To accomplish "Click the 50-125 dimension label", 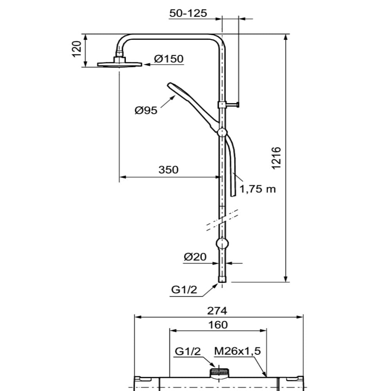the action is pyautogui.click(x=188, y=13).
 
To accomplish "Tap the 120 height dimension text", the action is pyautogui.click(x=77, y=49).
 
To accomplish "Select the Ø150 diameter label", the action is pyautogui.click(x=169, y=59).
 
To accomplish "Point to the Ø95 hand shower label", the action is pyautogui.click(x=146, y=110).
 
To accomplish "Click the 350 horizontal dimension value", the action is pyautogui.click(x=169, y=170).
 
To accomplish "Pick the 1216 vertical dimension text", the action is pyautogui.click(x=276, y=158).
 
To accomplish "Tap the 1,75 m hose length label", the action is pyautogui.click(x=258, y=189).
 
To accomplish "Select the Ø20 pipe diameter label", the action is pyautogui.click(x=195, y=256).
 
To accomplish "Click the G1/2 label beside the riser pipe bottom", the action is pyautogui.click(x=184, y=289).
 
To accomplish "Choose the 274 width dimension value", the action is pyautogui.click(x=217, y=311).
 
